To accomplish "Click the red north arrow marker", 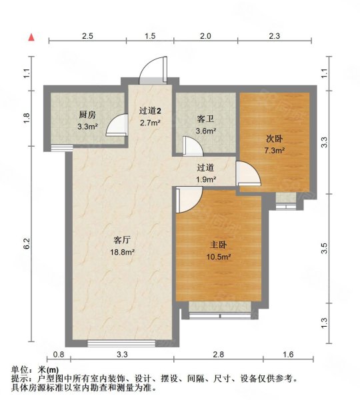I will [31, 37].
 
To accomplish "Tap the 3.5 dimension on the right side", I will [325, 248].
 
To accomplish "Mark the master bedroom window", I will [219, 307].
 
